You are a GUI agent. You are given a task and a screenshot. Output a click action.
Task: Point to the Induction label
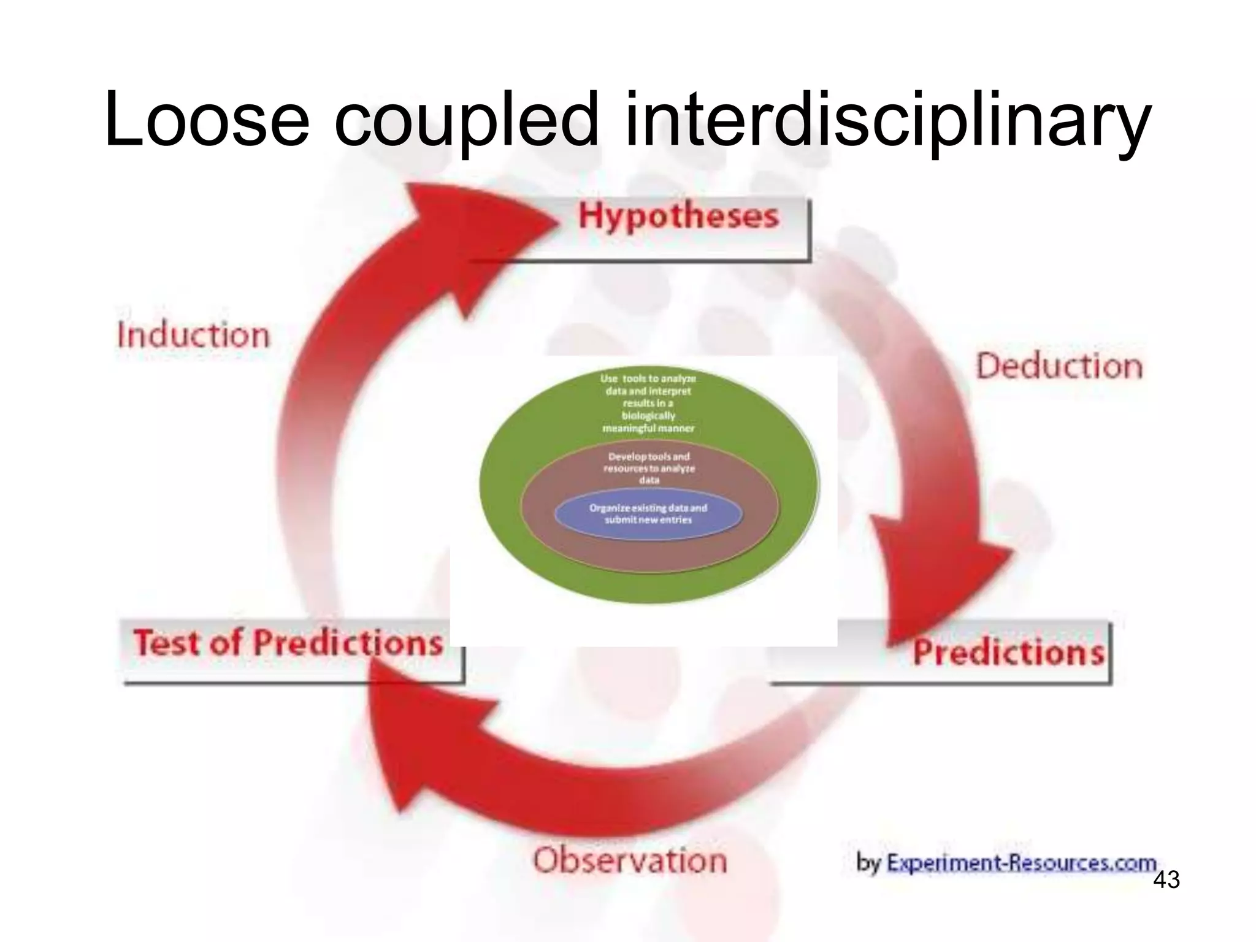click(x=193, y=335)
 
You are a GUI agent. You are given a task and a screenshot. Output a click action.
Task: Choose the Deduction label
click(x=1059, y=367)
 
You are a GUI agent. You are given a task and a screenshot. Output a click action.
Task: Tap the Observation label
click(x=630, y=860)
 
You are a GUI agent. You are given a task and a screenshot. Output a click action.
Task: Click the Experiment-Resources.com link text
click(x=1021, y=863)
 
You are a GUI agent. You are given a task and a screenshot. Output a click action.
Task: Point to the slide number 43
click(x=1166, y=880)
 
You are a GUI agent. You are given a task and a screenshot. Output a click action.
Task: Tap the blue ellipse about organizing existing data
click(x=648, y=515)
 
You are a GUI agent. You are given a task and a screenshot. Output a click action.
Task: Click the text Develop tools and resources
click(x=649, y=468)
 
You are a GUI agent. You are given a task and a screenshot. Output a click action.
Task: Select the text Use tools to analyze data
click(x=648, y=385)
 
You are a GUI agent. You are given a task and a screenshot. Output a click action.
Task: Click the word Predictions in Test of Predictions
click(x=348, y=643)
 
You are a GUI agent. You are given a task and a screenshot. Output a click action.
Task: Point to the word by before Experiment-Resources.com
click(x=868, y=863)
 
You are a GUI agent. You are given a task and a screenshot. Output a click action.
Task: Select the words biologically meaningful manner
click(x=648, y=422)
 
